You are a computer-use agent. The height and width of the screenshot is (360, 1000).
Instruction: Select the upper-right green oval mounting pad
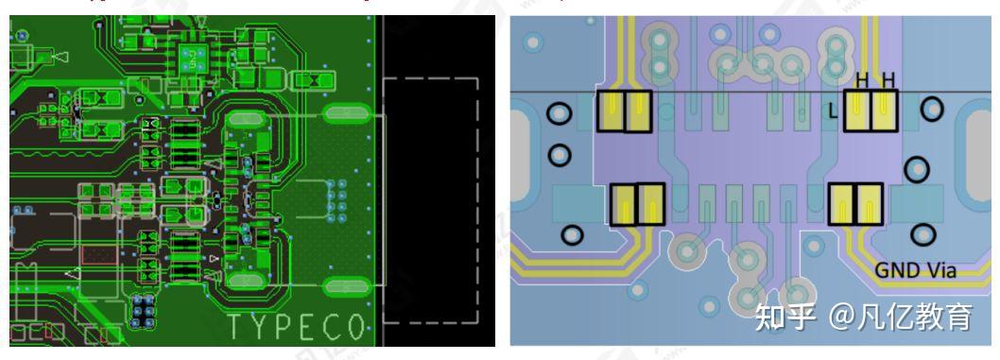point(346,115)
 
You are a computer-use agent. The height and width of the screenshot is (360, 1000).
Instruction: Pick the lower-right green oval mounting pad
point(346,285)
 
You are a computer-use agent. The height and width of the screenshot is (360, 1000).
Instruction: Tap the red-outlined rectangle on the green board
point(95,255)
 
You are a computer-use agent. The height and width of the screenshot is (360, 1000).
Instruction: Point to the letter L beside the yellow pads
point(833,111)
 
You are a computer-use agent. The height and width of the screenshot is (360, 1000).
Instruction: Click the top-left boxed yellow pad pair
point(626,111)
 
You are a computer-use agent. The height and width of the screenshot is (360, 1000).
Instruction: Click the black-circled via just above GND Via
point(918,232)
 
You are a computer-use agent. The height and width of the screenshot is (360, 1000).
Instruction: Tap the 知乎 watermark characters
point(784,317)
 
